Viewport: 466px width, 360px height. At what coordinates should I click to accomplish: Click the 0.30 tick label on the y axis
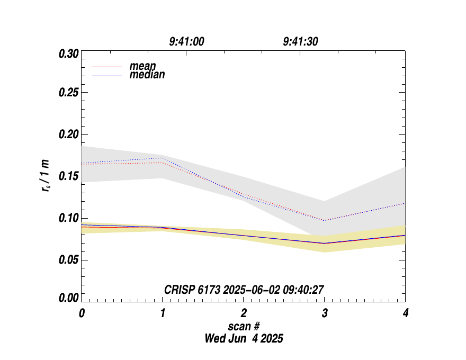point(68,54)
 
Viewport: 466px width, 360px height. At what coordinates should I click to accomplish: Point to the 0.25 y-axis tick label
point(68,93)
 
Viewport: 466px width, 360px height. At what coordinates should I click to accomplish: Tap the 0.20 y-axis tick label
point(68,134)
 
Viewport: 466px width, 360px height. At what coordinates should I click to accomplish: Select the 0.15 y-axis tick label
point(68,176)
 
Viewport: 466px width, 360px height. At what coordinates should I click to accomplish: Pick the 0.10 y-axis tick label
point(68,218)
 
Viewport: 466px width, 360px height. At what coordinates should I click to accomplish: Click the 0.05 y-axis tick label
point(68,260)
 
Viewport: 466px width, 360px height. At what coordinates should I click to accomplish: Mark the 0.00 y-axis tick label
point(68,298)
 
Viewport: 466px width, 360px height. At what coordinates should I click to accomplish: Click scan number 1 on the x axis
point(163,313)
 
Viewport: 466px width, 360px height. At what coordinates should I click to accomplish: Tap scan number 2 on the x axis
point(244,313)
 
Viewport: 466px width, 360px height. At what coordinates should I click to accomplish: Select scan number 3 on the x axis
point(325,313)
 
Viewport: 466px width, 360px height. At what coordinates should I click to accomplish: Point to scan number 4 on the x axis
point(406,313)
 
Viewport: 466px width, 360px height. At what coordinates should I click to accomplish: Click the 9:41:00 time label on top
point(186,42)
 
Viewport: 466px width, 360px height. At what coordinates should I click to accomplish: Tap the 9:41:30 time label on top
point(300,42)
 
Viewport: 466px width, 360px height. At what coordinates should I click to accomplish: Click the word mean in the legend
point(143,66)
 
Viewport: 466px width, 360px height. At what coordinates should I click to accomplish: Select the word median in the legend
point(147,75)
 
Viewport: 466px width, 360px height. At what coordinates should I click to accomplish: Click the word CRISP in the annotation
point(180,289)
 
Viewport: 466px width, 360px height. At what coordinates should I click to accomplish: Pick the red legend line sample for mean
point(107,67)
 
